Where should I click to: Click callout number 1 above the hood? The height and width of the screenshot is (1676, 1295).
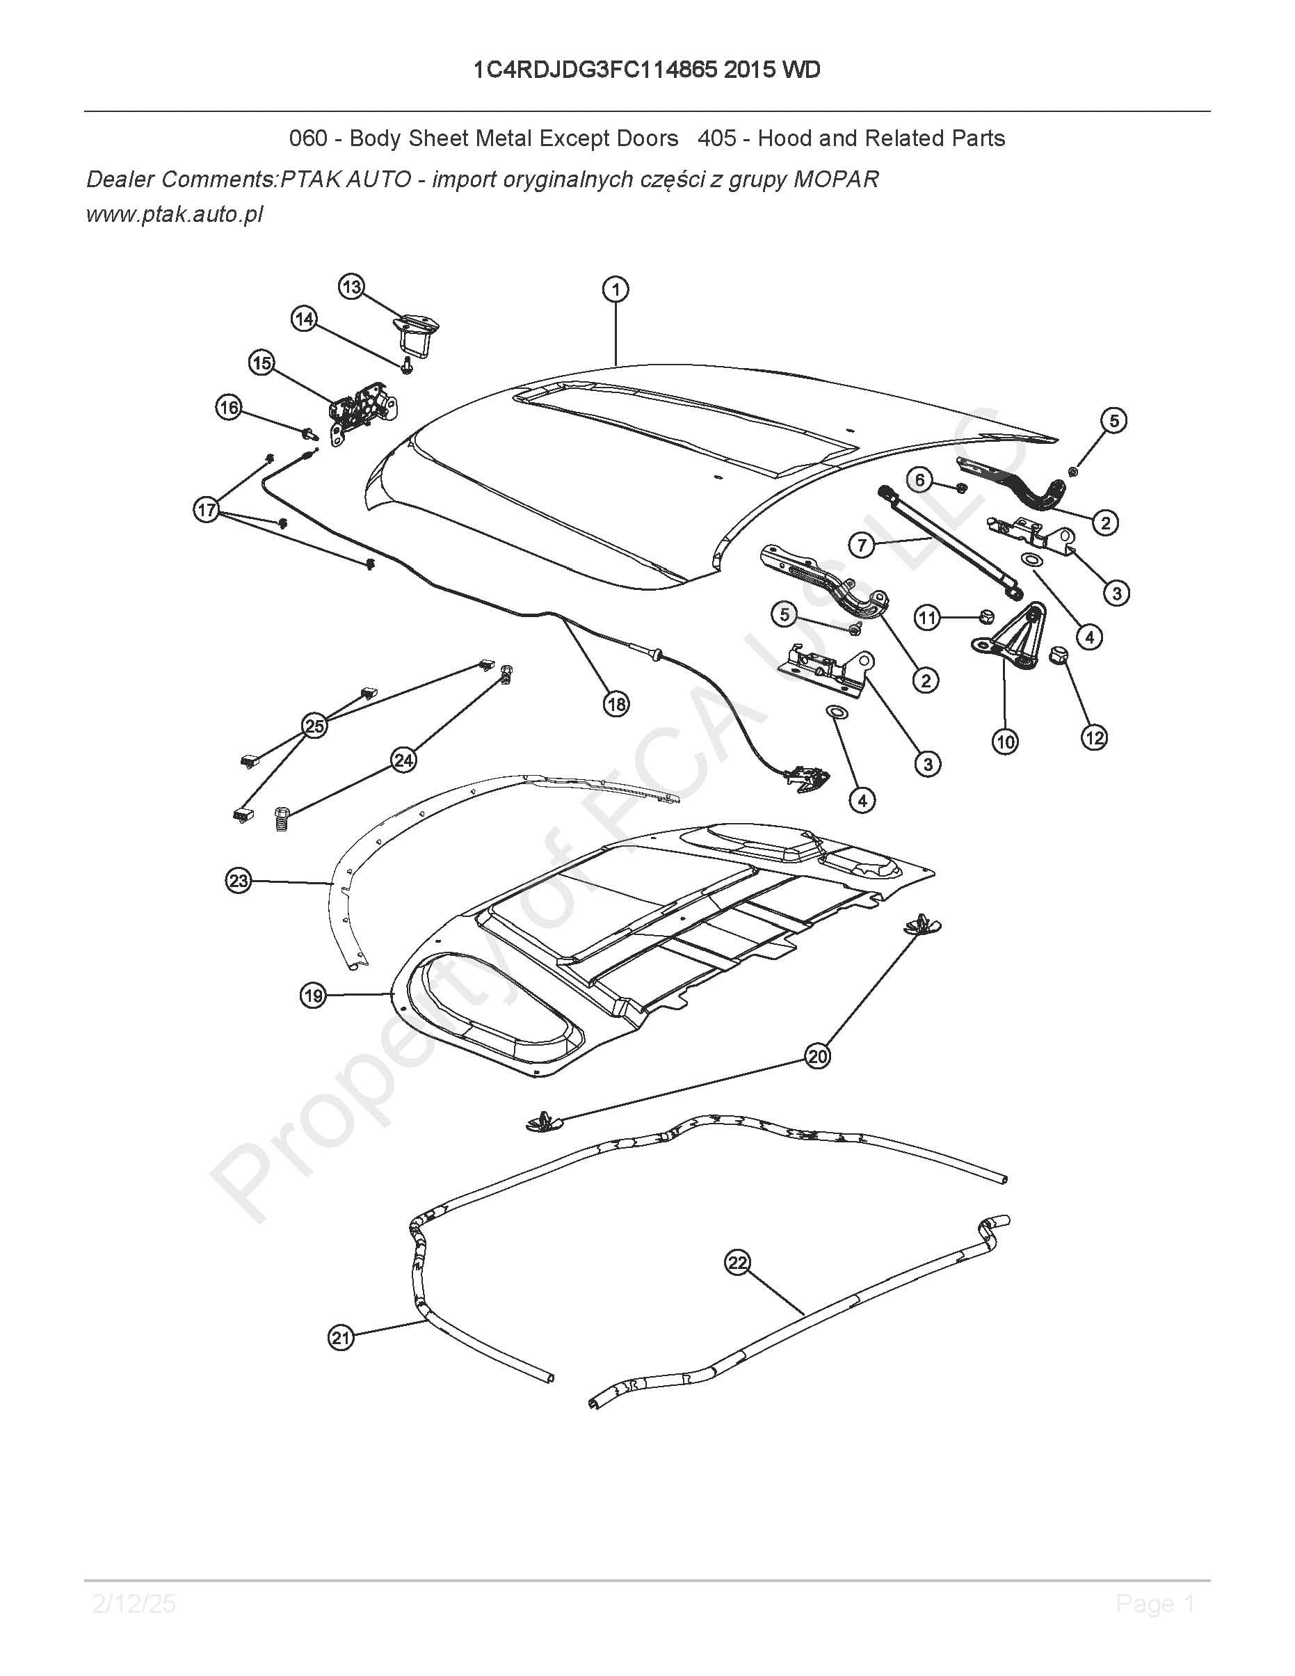[x=616, y=290]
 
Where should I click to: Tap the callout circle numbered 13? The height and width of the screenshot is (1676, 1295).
[x=351, y=288]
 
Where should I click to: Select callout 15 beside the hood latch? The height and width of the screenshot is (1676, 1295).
[x=262, y=363]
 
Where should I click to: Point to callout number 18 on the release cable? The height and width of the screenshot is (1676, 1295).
[x=617, y=703]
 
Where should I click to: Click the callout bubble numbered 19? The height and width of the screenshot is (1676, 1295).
[x=313, y=997]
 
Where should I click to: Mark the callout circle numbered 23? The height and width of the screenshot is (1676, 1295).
[x=239, y=880]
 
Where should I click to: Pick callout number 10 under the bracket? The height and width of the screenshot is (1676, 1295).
[x=1005, y=742]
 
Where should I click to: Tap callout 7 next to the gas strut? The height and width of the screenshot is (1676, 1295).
[x=862, y=545]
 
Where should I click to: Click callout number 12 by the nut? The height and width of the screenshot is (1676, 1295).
[x=1094, y=737]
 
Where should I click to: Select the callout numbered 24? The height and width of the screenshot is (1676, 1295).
[x=403, y=760]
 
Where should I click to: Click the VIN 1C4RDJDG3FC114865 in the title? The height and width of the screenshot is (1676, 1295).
[x=595, y=70]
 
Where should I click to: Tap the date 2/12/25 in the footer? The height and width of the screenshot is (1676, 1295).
[x=134, y=1603]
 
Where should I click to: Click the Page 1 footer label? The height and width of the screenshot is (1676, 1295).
[x=1155, y=1603]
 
